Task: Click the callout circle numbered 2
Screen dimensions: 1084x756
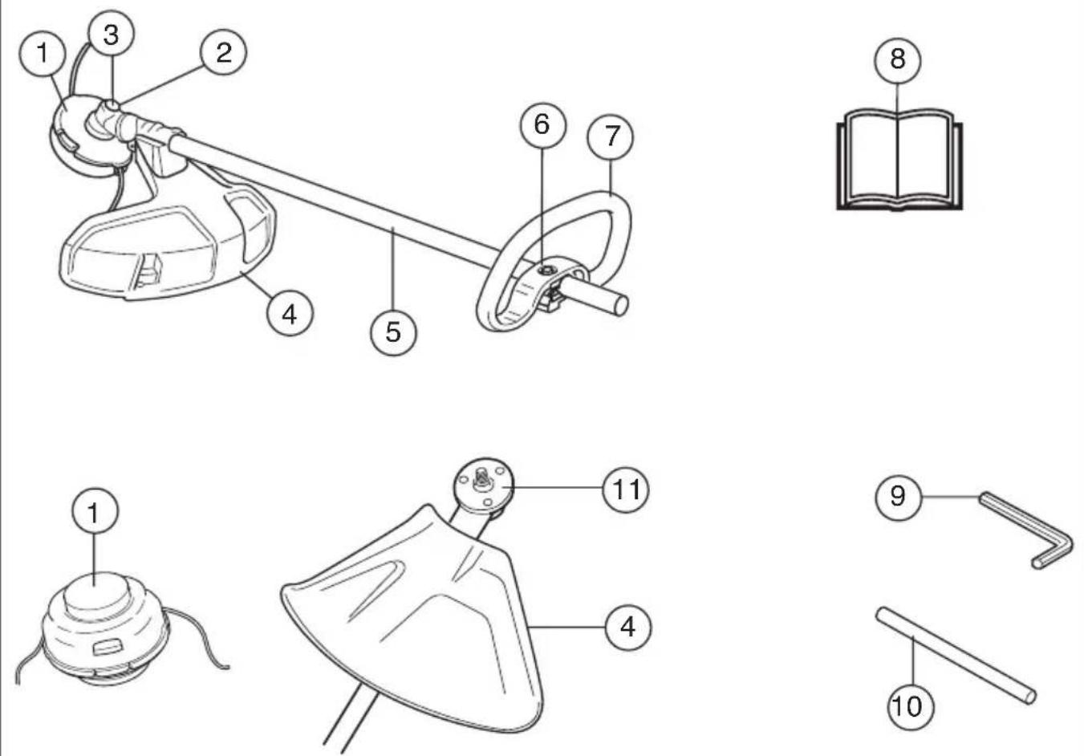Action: pos(224,52)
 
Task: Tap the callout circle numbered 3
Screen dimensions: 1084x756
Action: pos(112,34)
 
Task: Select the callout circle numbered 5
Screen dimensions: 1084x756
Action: pos(393,332)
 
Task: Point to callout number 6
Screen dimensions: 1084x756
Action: pos(542,125)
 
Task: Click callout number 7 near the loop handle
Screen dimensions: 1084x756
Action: pos(611,136)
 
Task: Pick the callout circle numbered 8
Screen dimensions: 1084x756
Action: pos(898,60)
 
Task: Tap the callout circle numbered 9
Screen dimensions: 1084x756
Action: pos(898,497)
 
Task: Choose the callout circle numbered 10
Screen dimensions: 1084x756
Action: pos(911,706)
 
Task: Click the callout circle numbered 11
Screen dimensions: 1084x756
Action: pos(626,490)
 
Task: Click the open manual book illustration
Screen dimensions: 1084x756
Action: pos(899,160)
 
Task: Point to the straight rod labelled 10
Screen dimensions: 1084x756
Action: pos(956,656)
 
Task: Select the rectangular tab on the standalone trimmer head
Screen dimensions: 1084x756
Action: pos(107,647)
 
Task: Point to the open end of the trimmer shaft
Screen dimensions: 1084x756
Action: pos(621,305)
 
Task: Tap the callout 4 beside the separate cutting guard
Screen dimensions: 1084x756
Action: pos(628,628)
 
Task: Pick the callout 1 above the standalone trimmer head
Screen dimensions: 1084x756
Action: pos(95,511)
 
